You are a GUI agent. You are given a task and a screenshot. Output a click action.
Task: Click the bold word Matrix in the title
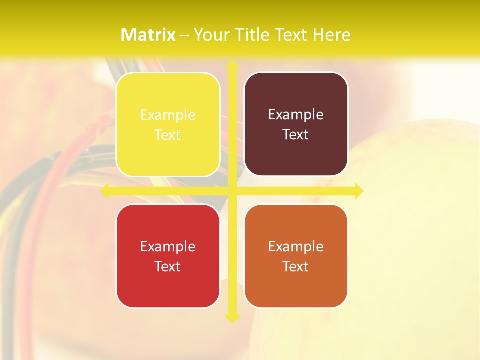(x=148, y=35)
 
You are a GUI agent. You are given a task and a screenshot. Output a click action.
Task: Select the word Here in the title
(x=332, y=35)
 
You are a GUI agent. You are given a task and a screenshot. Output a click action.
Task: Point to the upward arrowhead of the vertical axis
(x=232, y=65)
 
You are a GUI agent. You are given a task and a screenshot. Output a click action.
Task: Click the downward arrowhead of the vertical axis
(x=232, y=317)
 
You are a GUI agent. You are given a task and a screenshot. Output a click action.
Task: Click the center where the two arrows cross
(x=232, y=191)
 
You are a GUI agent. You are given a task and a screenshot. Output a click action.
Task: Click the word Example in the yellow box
(x=168, y=115)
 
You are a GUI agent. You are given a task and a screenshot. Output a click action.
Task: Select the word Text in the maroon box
(x=296, y=135)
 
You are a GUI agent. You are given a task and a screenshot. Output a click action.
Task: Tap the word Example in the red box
(x=168, y=247)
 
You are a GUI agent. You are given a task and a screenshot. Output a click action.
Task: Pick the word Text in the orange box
(x=296, y=266)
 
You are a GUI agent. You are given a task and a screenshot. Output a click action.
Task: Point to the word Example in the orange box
(x=296, y=247)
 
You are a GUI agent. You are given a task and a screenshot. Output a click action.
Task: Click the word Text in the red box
(x=168, y=266)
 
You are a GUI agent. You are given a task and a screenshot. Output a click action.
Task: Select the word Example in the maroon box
(x=296, y=115)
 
